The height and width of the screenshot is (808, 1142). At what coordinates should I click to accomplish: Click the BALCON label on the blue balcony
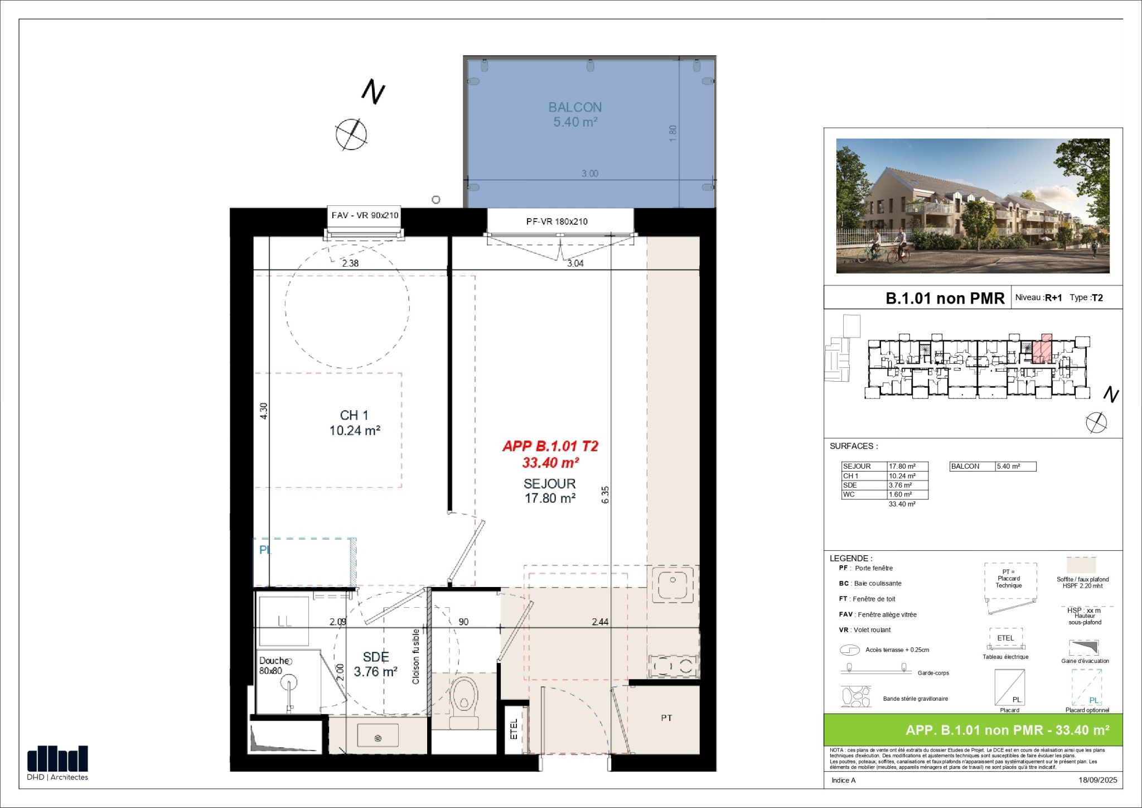tap(575, 107)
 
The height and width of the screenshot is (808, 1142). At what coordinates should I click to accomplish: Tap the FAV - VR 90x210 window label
tap(365, 215)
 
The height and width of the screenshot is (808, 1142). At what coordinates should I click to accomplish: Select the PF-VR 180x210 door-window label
tap(557, 222)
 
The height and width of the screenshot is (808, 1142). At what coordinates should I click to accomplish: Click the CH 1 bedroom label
tap(354, 415)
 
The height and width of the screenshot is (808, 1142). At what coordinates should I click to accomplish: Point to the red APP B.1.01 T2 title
tap(550, 446)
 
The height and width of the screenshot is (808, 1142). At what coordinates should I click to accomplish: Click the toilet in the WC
tap(464, 702)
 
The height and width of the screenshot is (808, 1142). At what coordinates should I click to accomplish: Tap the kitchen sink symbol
tap(673, 584)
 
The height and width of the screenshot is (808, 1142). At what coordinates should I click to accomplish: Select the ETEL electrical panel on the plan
tap(514, 729)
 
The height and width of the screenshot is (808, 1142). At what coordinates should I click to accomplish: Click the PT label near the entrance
tap(666, 718)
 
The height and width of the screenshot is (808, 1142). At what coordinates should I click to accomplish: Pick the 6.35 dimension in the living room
tap(606, 495)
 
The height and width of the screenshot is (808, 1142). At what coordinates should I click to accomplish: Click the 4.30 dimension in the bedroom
tap(264, 411)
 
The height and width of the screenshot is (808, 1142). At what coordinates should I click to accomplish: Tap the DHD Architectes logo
tap(57, 763)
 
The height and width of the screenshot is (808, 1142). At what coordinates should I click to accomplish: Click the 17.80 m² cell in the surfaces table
tap(902, 466)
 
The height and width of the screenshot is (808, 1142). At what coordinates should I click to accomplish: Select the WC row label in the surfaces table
tap(849, 494)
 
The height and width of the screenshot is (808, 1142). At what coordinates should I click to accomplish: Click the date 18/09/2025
tap(1098, 780)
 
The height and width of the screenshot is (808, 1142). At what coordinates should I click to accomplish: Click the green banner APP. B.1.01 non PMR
tap(1008, 730)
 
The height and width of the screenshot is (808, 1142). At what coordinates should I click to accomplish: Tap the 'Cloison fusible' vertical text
tap(416, 656)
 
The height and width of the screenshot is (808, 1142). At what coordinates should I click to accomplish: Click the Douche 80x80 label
tap(273, 666)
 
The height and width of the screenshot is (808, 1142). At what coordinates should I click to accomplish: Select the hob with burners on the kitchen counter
tap(673, 666)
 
